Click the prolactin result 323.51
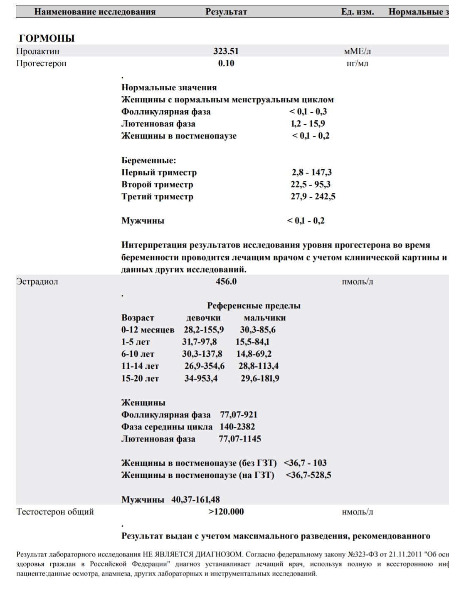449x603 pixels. pos(226,51)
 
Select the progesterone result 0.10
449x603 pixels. pos(226,63)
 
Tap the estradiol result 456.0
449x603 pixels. pos(226,282)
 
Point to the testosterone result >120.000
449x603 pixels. pos(226,512)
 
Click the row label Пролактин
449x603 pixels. pos(38,52)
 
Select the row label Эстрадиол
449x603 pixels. pos(37,282)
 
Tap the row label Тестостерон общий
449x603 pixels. pos(55,512)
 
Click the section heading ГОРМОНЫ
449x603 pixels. pos(47,38)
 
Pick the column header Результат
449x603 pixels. pos(226,12)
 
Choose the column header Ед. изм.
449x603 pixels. pos(358,12)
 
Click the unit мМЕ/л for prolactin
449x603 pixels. pos(358,52)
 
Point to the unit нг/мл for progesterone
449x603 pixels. pos(358,64)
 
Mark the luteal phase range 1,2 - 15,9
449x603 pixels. pos(308,124)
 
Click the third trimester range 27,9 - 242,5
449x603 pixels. pos(313,196)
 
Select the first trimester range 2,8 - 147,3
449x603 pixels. pos(312,172)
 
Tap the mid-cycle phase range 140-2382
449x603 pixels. pos(237,427)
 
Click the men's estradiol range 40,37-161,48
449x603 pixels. pos(196,499)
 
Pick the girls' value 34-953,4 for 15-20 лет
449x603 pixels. pos(201,379)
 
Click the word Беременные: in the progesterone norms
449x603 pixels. pos(149,161)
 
